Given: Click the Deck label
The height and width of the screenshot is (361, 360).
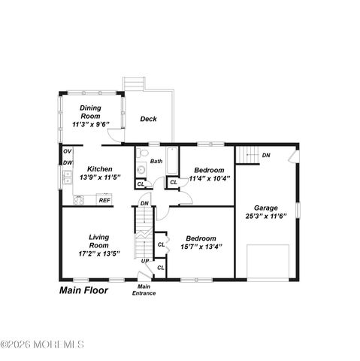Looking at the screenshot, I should pyautogui.click(x=148, y=119).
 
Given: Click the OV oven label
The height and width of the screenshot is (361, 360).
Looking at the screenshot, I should pyautogui.click(x=67, y=152).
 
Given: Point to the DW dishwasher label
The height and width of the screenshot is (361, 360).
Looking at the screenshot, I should pyautogui.click(x=67, y=163).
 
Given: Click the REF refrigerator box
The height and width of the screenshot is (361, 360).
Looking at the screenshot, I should pyautogui.click(x=104, y=201).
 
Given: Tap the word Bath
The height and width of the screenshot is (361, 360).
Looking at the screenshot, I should pyautogui.click(x=156, y=161).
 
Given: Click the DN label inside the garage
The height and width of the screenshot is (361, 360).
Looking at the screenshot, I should pyautogui.click(x=266, y=156).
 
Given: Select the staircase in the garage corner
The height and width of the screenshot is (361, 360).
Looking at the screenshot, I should pyautogui.click(x=247, y=156).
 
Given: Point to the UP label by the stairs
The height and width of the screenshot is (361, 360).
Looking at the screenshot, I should pyautogui.click(x=145, y=261).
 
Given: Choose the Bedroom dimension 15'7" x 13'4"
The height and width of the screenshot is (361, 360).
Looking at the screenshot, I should pyautogui.click(x=201, y=246).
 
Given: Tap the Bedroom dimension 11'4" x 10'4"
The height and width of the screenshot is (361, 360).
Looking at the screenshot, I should pyautogui.click(x=210, y=179).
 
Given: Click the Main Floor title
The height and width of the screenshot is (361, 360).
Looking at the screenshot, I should pyautogui.click(x=83, y=290).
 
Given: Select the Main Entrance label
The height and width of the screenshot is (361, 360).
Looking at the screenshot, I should pyautogui.click(x=145, y=290).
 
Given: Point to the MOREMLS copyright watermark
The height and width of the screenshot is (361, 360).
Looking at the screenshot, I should pyautogui.click(x=43, y=345).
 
